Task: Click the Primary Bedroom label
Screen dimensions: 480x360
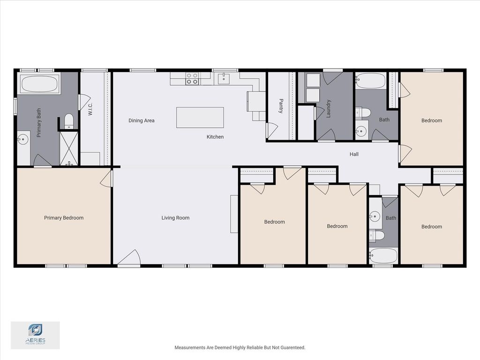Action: tap(64, 218)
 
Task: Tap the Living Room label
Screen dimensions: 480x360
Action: tap(175, 218)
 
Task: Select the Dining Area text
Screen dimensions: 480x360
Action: tap(142, 120)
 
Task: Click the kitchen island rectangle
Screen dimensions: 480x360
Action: tap(200, 118)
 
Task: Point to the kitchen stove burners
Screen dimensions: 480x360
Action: tap(192, 79)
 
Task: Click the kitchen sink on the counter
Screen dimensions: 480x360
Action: tap(224, 78)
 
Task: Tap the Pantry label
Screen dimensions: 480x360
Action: tap(281, 106)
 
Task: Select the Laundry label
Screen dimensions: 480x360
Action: tap(329, 109)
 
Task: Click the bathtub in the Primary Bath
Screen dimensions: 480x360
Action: tap(39, 83)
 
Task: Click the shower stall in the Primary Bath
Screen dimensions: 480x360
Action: tap(69, 149)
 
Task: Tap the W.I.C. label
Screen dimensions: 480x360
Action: tap(90, 109)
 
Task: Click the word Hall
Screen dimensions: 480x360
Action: tap(354, 154)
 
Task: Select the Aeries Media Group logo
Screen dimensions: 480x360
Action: tap(35, 335)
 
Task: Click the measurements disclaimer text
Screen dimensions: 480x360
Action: tap(240, 347)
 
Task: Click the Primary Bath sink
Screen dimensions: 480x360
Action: tap(23, 140)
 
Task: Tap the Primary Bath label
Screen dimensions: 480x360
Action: tap(38, 123)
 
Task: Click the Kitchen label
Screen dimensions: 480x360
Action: tap(215, 137)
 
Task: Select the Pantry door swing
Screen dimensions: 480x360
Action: tap(271, 130)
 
